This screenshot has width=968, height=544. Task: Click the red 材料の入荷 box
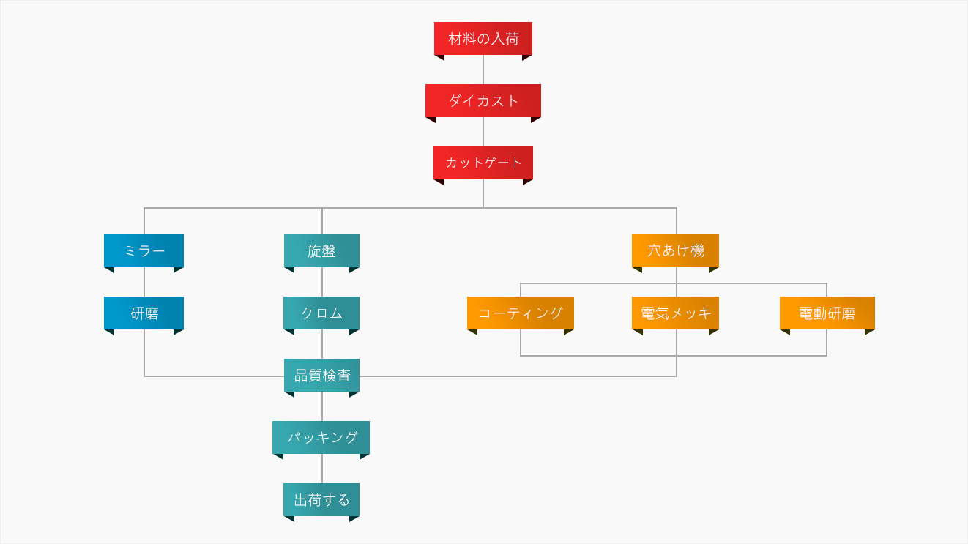click(x=483, y=39)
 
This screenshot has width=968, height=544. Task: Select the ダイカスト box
click(x=483, y=101)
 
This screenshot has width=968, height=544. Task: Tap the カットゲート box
click(x=483, y=163)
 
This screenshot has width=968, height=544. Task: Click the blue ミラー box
click(x=144, y=250)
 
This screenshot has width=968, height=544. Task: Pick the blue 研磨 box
click(x=144, y=313)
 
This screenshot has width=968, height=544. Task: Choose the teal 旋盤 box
click(x=321, y=250)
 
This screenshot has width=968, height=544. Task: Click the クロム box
click(x=321, y=313)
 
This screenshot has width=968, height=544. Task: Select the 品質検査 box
click(x=321, y=375)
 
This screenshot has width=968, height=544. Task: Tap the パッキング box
click(x=321, y=437)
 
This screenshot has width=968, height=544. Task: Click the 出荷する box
click(x=321, y=499)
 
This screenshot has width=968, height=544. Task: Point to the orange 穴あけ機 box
click(x=675, y=250)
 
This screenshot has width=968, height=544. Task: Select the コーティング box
click(x=521, y=313)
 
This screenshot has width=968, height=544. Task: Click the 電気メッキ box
click(x=675, y=313)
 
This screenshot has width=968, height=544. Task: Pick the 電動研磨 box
click(x=827, y=313)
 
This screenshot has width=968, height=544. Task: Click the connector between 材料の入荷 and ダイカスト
click(x=483, y=70)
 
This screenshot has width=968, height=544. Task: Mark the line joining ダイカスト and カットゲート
click(x=483, y=132)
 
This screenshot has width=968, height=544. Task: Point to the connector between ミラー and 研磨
click(x=144, y=282)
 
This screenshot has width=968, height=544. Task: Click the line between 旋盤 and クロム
click(x=322, y=282)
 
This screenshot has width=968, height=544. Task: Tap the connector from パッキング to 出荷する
click(x=322, y=469)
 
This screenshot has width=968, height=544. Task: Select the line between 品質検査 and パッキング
click(x=322, y=406)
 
